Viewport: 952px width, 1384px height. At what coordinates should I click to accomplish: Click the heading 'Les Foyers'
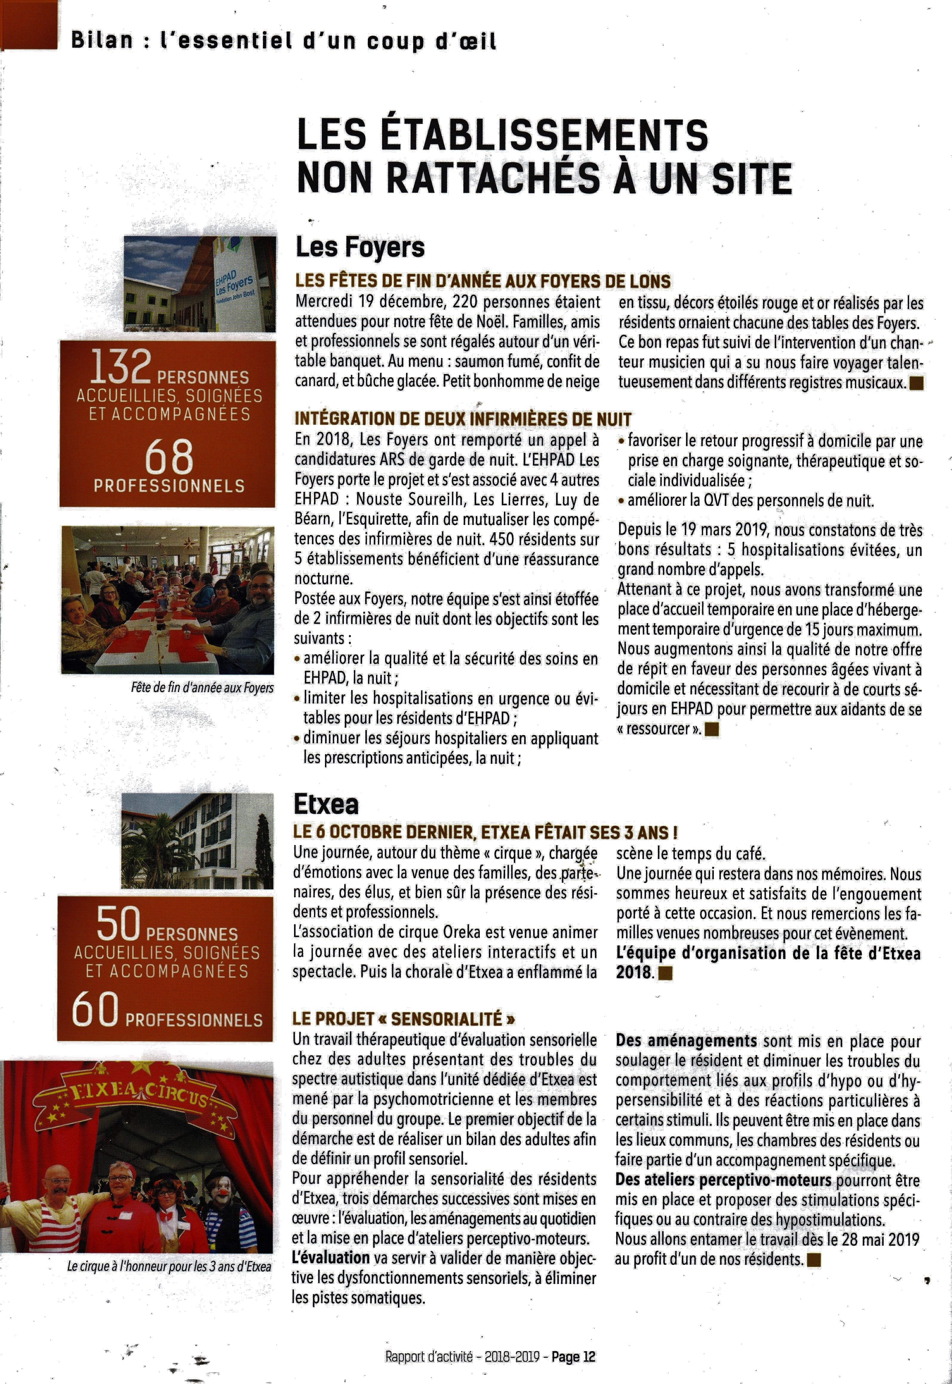click(360, 247)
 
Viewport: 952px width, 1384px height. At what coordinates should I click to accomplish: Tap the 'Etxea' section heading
click(326, 805)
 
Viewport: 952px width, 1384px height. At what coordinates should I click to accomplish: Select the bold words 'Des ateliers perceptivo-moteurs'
click(723, 1180)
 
